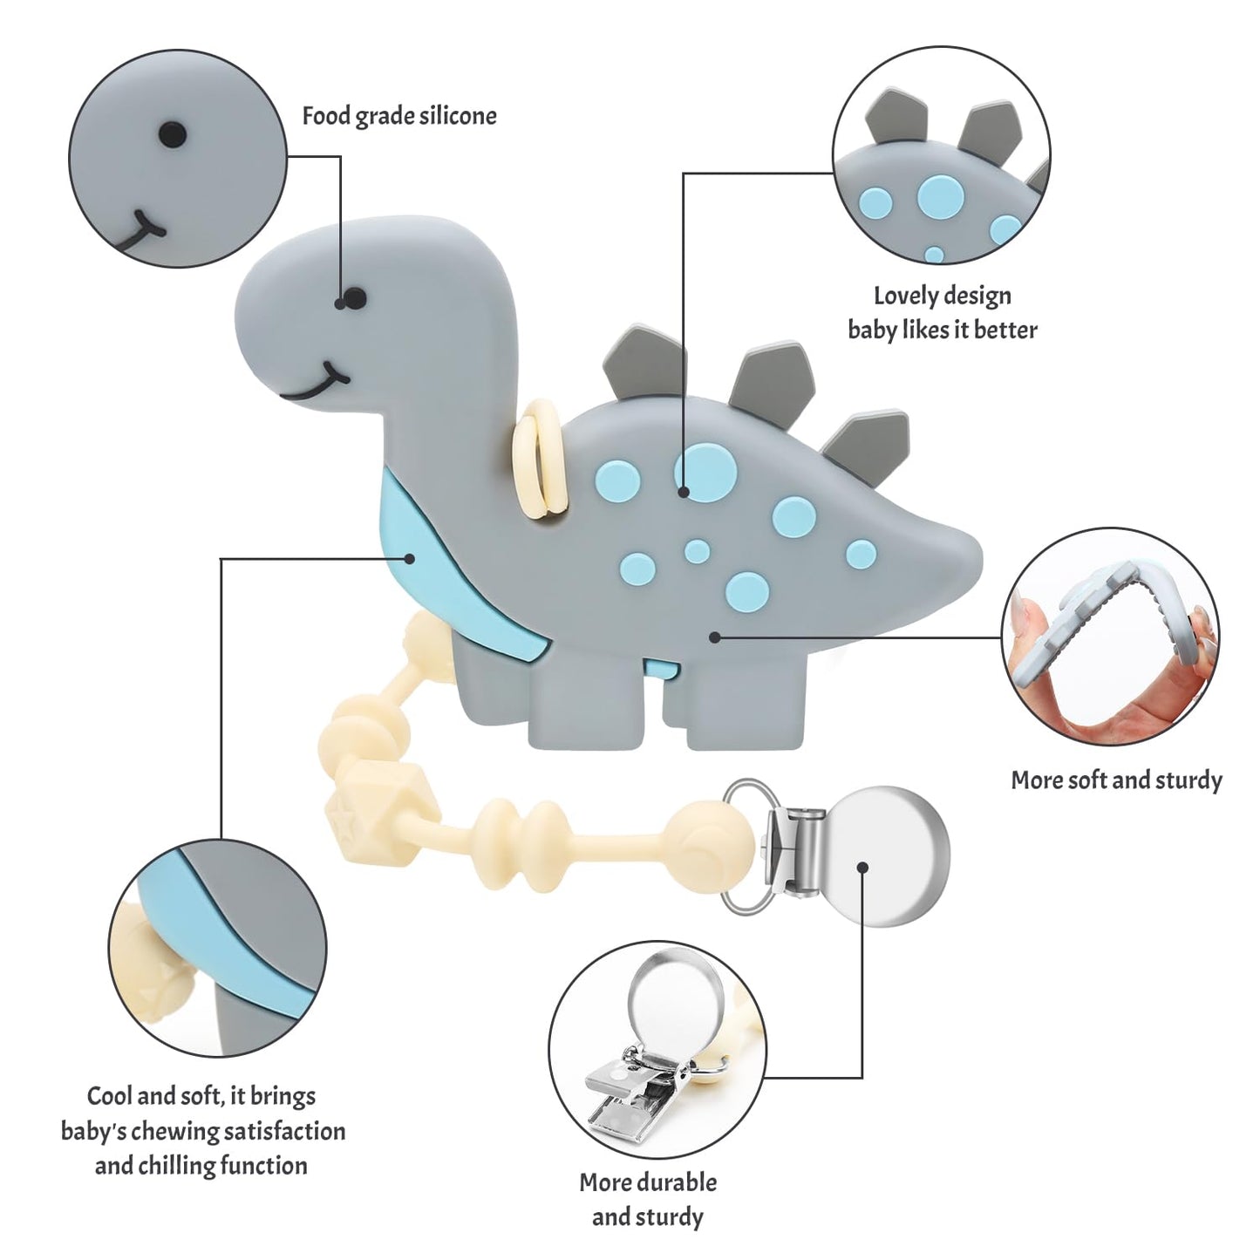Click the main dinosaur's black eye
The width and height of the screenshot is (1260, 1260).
352,299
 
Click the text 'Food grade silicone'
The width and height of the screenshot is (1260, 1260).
399,116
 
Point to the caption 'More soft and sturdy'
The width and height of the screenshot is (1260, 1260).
1116,780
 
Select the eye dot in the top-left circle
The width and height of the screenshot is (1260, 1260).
173,133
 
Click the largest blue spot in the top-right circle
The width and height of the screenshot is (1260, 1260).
938,196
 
